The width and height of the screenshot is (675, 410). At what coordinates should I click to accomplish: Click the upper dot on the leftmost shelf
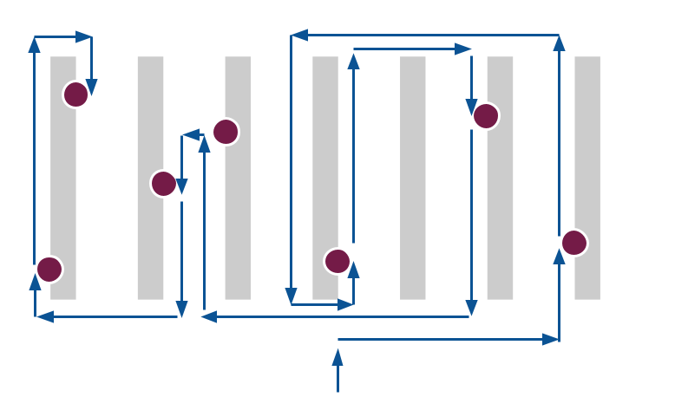pyautogui.click(x=76, y=94)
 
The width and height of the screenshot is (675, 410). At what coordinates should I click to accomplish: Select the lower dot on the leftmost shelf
pyautogui.click(x=49, y=270)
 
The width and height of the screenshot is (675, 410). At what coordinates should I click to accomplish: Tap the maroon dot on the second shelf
pyautogui.click(x=163, y=184)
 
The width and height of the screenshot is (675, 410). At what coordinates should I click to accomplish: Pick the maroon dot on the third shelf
pyautogui.click(x=226, y=132)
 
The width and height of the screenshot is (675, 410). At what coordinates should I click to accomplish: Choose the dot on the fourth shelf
pyautogui.click(x=337, y=261)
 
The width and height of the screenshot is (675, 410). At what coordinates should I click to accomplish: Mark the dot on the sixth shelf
pyautogui.click(x=486, y=116)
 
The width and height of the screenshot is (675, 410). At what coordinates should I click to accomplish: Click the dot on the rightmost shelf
pyautogui.click(x=574, y=243)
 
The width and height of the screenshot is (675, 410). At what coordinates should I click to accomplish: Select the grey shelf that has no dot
pyautogui.click(x=413, y=178)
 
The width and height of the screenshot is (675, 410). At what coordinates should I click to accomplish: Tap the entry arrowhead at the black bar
pyautogui.click(x=337, y=356)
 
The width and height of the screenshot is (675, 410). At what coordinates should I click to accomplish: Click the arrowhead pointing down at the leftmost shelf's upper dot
pyautogui.click(x=91, y=88)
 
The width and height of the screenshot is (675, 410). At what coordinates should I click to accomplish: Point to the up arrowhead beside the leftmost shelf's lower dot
pyautogui.click(x=35, y=281)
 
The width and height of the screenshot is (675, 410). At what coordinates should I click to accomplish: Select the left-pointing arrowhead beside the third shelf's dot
pyautogui.click(x=192, y=135)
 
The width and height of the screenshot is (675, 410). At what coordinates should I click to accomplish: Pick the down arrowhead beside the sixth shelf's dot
pyautogui.click(x=471, y=107)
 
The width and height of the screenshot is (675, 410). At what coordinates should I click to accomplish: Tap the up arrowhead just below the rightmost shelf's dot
pyautogui.click(x=560, y=256)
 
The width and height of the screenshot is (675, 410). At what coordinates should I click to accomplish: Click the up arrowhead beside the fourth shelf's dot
pyautogui.click(x=353, y=270)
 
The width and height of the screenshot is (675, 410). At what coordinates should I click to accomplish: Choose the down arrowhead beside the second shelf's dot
pyautogui.click(x=181, y=186)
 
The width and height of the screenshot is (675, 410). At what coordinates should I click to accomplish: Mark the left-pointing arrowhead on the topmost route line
pyautogui.click(x=299, y=36)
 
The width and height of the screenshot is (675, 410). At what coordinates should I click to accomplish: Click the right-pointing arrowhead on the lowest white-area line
pyautogui.click(x=550, y=339)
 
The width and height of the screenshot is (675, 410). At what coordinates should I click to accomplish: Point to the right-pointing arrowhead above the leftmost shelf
pyautogui.click(x=83, y=37)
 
